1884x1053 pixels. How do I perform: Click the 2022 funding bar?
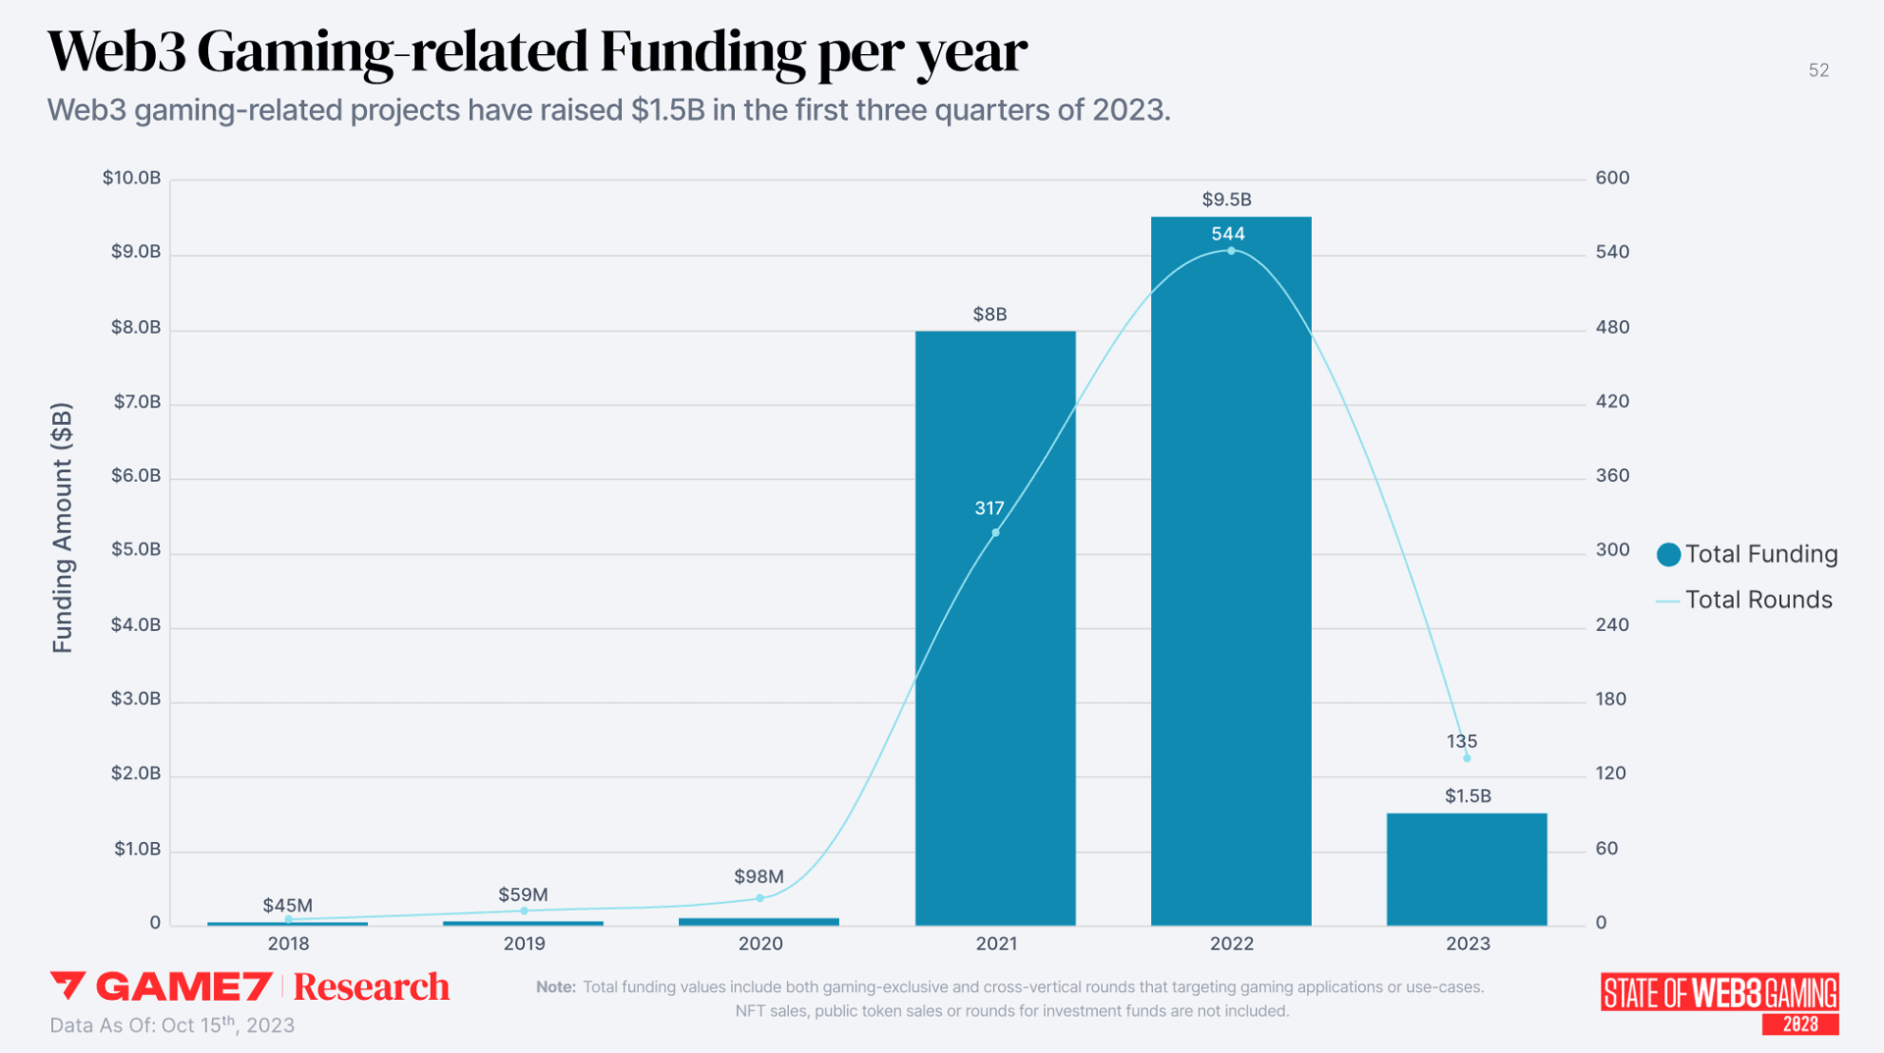point(1230,589)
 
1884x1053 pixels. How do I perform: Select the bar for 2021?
point(995,687)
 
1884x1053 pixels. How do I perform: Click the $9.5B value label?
point(1227,199)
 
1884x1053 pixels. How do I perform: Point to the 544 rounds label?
point(1228,234)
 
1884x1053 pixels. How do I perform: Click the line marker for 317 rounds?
point(995,533)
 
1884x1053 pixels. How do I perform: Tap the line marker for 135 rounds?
point(1466,758)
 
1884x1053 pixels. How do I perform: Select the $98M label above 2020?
point(759,876)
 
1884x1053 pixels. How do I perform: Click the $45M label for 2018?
point(288,905)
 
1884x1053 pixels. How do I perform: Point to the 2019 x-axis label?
point(524,943)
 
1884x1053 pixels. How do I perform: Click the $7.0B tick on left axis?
point(136,401)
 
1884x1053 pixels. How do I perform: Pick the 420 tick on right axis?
point(1611,401)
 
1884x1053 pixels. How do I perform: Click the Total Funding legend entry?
point(1747,554)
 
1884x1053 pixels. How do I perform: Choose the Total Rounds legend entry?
point(1745,600)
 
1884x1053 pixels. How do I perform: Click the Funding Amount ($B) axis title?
point(62,527)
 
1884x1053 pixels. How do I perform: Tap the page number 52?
point(1818,71)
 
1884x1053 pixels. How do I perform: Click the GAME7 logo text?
point(183,986)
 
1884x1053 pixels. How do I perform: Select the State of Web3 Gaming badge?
point(1719,1002)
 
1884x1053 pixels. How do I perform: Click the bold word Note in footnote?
point(555,987)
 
